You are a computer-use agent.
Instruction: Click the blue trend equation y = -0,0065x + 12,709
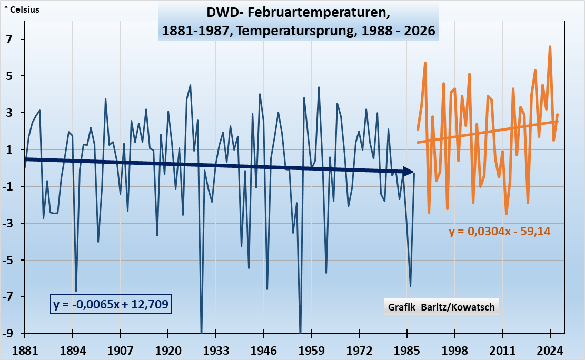(x=112, y=304)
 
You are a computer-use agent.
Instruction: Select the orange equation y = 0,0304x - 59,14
(x=500, y=231)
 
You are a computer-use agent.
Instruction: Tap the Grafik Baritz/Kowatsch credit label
(x=441, y=307)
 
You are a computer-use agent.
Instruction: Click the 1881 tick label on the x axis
(x=25, y=350)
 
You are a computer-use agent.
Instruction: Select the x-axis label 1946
(x=264, y=350)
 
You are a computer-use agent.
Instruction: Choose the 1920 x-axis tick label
(x=168, y=350)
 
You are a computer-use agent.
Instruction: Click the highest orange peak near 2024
(x=550, y=47)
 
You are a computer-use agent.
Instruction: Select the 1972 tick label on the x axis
(x=359, y=350)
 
